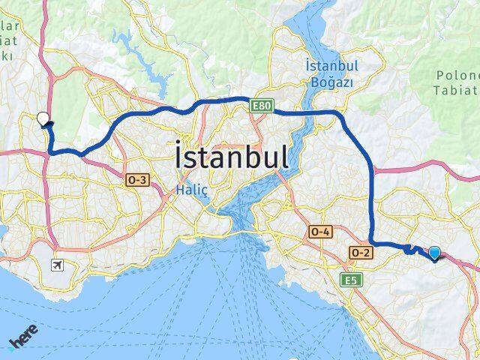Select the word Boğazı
coord(331,81)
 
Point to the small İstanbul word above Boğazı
coord(331,66)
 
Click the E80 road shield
coord(261,106)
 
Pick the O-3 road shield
coord(139,180)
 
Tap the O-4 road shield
coord(320,232)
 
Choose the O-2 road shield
coord(360,253)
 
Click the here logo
coord(22,342)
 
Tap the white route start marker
coord(43,118)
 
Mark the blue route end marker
coord(434,253)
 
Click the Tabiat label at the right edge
coord(457,90)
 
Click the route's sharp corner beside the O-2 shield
coord(373,244)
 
